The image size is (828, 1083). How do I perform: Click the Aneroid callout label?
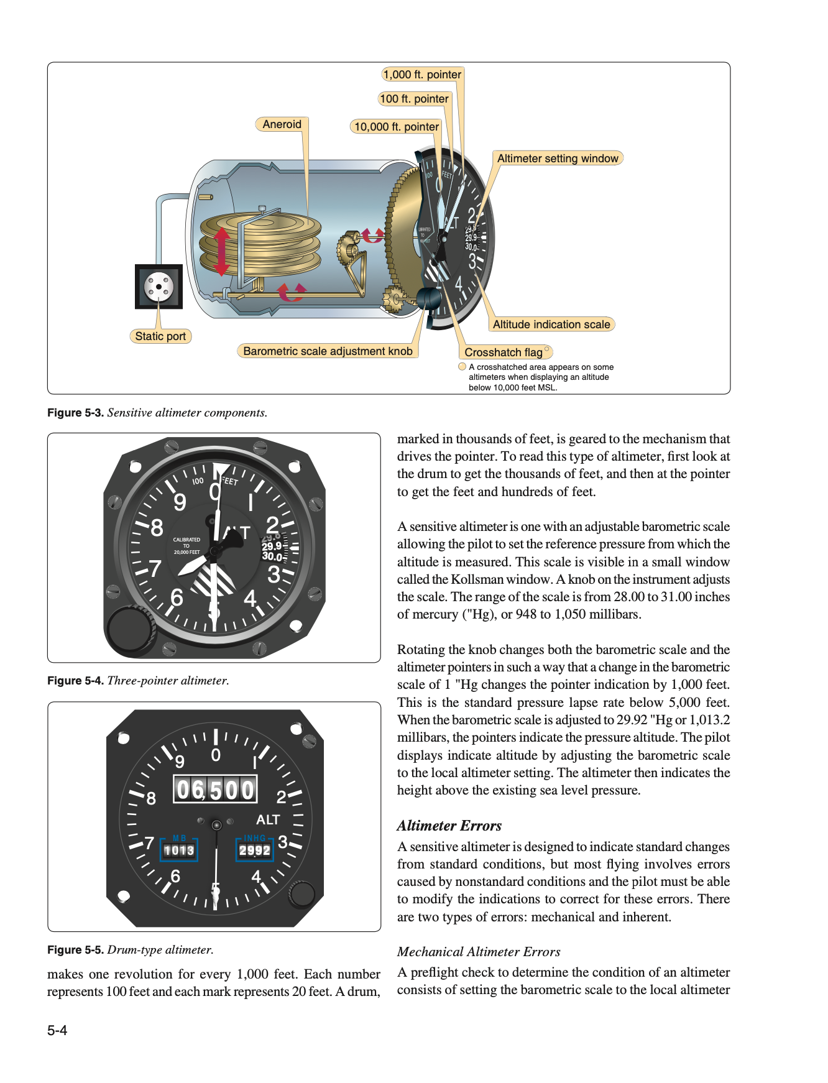pos(282,124)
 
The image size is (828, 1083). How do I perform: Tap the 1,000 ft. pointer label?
pos(422,75)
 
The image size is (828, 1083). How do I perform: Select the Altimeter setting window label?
pos(558,159)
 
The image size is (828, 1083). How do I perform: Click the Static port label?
pos(160,336)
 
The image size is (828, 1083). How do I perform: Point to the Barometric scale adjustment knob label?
pos(328,351)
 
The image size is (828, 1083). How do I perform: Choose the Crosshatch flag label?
pos(504,353)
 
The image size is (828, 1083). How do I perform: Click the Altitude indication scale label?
pos(551,325)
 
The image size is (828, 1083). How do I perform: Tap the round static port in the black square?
pos(159,287)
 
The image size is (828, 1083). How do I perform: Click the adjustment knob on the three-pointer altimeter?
pos(129,629)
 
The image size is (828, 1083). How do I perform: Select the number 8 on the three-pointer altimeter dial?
pos(157,528)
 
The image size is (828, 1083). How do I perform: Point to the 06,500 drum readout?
pos(215,790)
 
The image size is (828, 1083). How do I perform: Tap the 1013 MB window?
pos(179,850)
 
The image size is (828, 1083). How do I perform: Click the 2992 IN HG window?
pos(255,850)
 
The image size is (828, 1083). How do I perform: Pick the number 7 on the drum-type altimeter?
pos(149,843)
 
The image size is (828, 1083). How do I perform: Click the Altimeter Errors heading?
pos(449,826)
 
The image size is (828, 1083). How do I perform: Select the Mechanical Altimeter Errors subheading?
pos(479,952)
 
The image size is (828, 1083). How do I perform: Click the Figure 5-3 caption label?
pos(75,413)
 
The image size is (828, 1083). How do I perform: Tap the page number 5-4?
pos(57,1030)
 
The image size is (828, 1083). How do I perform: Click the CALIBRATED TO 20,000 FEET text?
pos(186,546)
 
